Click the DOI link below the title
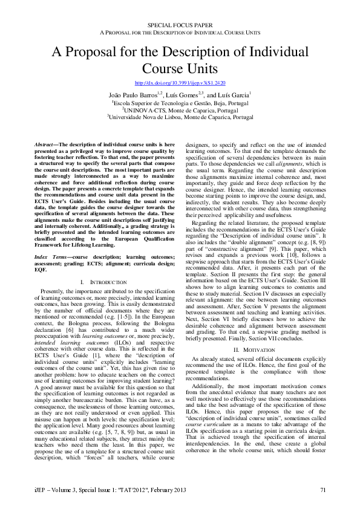coord(180,82)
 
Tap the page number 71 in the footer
coord(323,490)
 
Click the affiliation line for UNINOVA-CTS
coord(180,110)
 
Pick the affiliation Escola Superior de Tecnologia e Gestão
coord(180,103)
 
